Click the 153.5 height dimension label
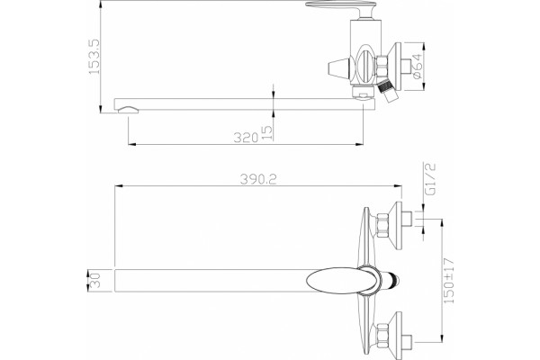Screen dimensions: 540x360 (x=94, y=57)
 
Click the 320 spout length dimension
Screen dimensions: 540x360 (x=246, y=138)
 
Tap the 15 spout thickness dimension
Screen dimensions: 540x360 (x=267, y=132)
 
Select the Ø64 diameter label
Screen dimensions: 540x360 (x=417, y=66)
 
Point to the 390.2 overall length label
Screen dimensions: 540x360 (x=258, y=179)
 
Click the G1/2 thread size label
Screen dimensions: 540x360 (x=431, y=179)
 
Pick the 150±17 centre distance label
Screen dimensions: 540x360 (x=449, y=281)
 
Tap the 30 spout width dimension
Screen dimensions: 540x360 (x=94, y=281)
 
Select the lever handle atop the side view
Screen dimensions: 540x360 (x=341, y=7)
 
